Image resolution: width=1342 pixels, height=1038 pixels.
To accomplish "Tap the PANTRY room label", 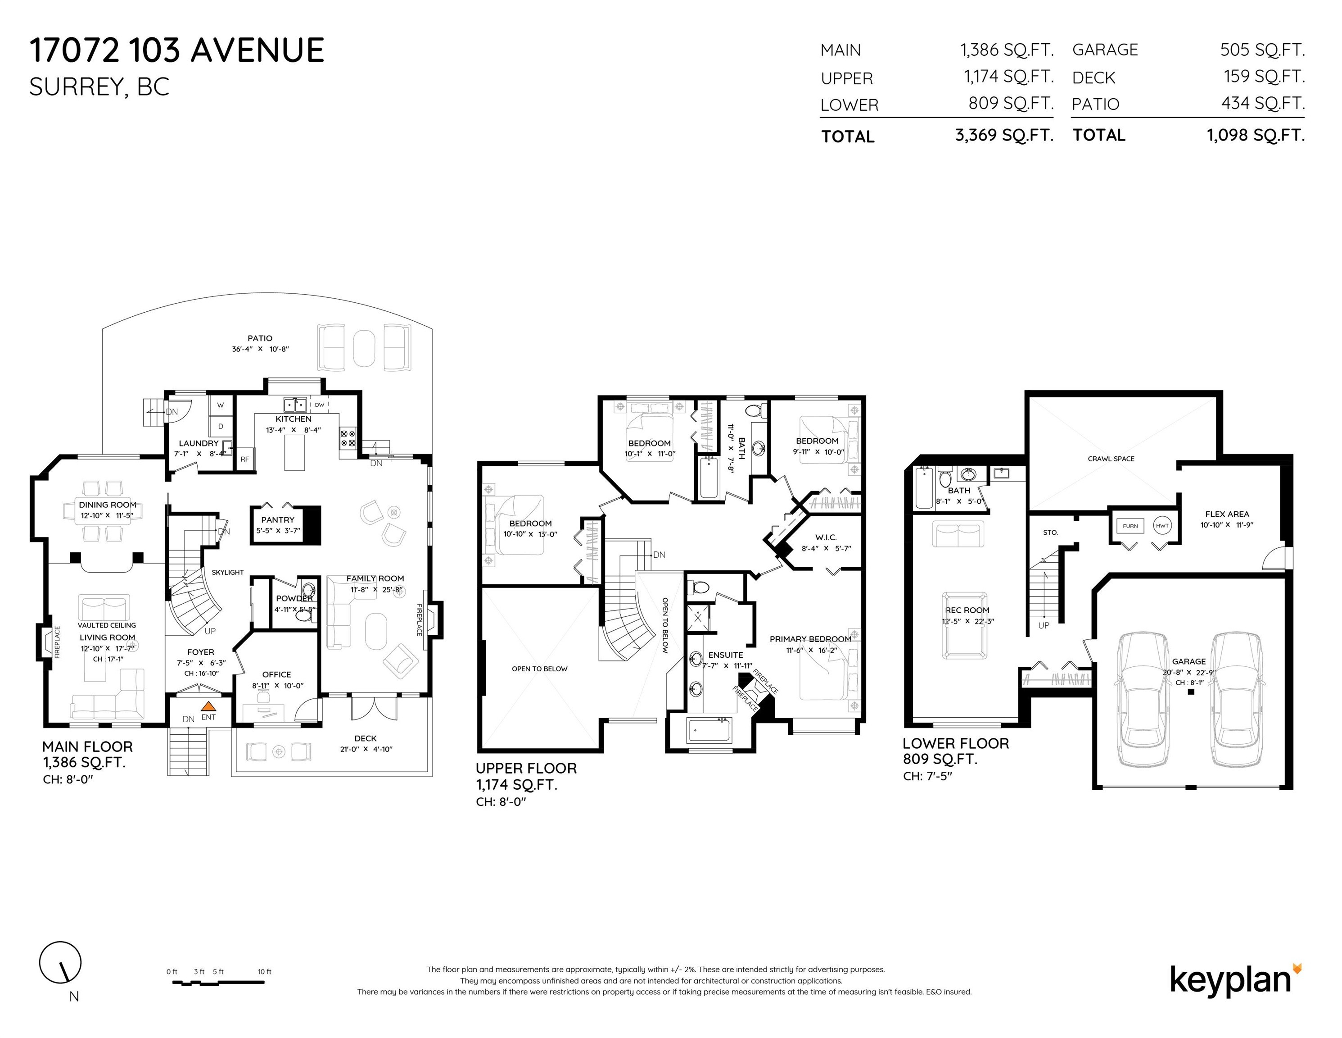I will click(278, 519).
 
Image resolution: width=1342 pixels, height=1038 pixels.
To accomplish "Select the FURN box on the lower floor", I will click(1130, 526).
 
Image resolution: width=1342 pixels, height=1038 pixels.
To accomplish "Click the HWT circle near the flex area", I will click(1162, 526).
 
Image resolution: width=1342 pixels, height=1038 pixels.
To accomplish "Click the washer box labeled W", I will click(221, 405).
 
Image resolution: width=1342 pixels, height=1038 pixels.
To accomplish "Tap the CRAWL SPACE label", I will click(1111, 459).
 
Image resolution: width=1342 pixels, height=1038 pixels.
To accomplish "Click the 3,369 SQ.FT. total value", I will click(1004, 135).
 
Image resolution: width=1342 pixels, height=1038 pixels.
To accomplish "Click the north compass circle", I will click(60, 962).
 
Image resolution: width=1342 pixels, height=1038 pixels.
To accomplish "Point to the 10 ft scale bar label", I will click(264, 972).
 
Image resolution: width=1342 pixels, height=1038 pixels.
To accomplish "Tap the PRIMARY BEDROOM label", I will click(810, 639).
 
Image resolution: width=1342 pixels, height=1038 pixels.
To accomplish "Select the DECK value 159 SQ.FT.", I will click(1263, 77).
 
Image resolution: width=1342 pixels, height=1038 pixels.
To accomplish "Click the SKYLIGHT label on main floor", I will click(227, 573).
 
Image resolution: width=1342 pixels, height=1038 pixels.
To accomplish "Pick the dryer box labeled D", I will click(221, 426).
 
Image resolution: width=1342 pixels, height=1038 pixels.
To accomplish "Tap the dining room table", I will click(108, 512).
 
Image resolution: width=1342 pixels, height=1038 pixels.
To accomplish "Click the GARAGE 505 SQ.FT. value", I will click(1262, 50).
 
